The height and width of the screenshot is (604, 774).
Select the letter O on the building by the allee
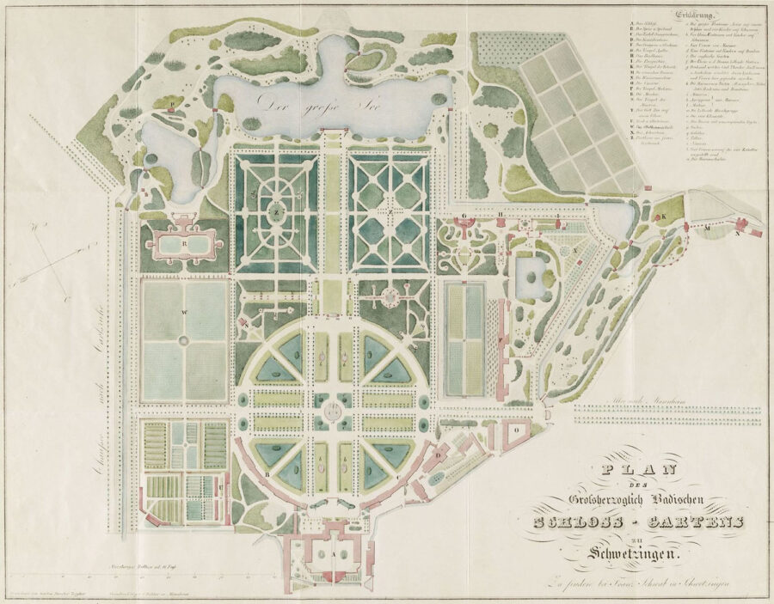516,427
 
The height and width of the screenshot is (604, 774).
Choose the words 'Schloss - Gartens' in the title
632,522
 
